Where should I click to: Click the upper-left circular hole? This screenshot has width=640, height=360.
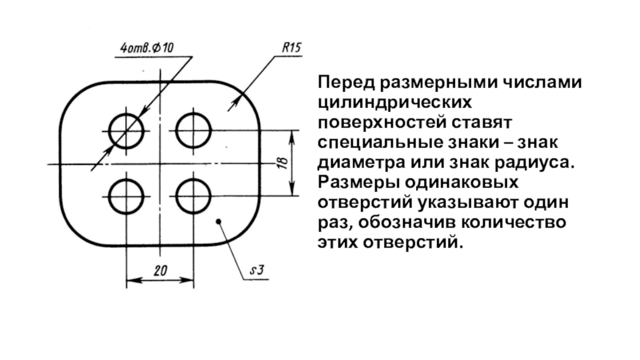pyautogui.click(x=126, y=128)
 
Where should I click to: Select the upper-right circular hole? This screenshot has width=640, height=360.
pyautogui.click(x=193, y=128)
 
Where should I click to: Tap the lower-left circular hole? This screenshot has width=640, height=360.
pyautogui.click(x=126, y=195)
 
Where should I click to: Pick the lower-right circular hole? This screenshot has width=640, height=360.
pyautogui.click(x=193, y=195)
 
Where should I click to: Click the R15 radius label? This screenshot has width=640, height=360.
pyautogui.click(x=290, y=48)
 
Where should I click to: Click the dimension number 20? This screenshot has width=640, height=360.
pyautogui.click(x=160, y=271)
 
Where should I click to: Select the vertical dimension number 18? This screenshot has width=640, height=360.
pyautogui.click(x=282, y=162)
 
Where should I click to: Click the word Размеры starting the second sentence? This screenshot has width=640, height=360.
pyautogui.click(x=352, y=182)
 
